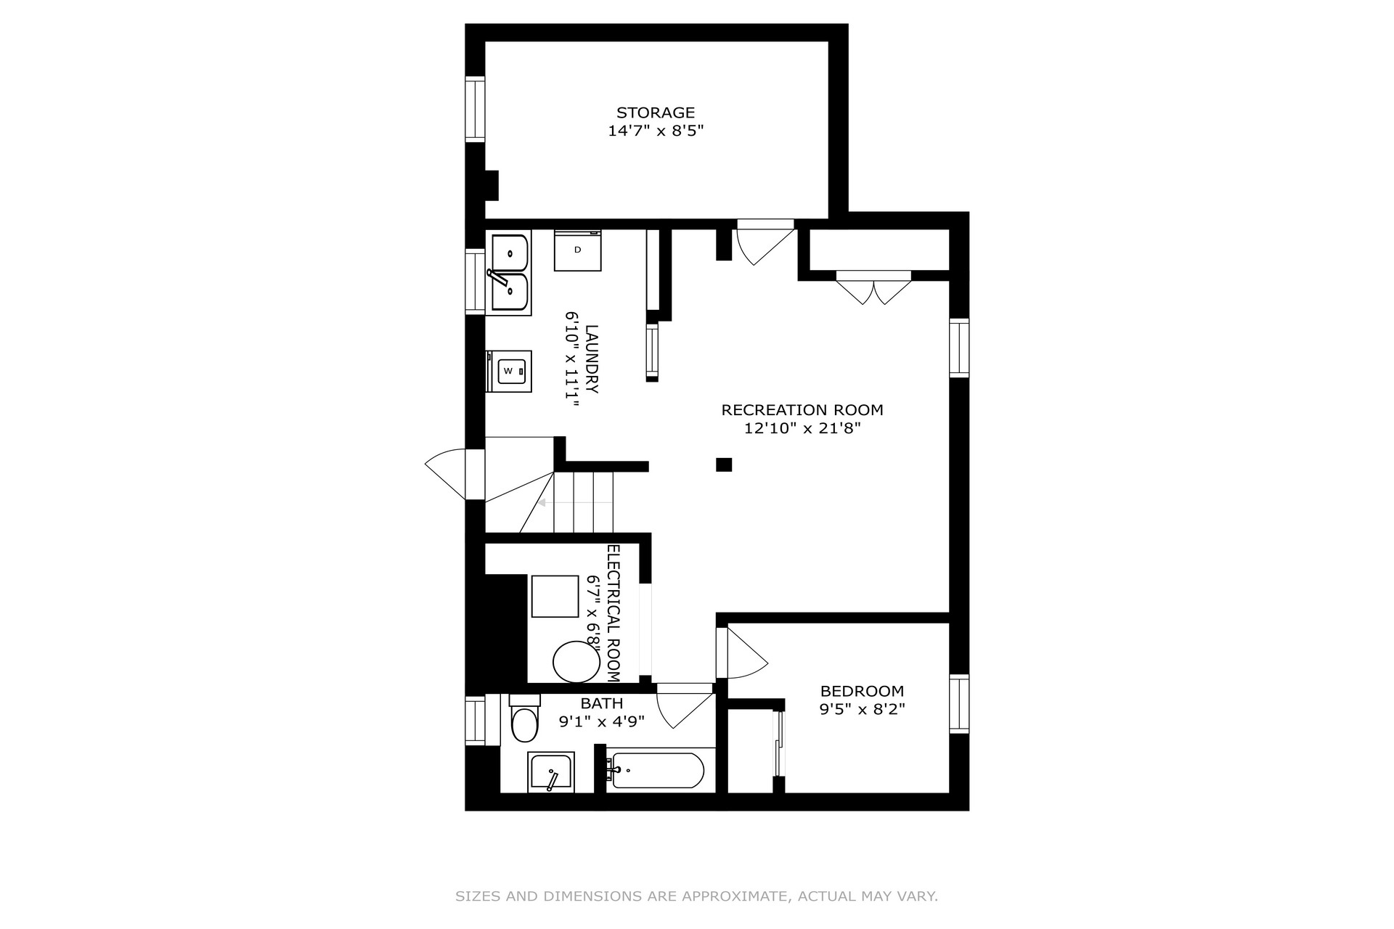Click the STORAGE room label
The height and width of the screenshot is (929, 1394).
(656, 112)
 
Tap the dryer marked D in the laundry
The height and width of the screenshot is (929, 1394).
(578, 250)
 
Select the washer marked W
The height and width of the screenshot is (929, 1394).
(509, 372)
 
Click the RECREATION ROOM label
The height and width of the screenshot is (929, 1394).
(802, 410)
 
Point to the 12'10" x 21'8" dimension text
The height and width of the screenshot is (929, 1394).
(802, 428)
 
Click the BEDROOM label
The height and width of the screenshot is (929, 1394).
(863, 691)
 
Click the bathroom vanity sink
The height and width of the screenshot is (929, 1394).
(551, 772)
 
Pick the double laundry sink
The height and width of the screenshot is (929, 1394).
(508, 273)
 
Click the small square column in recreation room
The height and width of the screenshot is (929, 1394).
(724, 464)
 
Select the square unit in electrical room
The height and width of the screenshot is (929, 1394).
(555, 597)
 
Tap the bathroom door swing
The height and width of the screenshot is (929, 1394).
(685, 705)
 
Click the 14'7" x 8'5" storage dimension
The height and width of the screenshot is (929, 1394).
(656, 131)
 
